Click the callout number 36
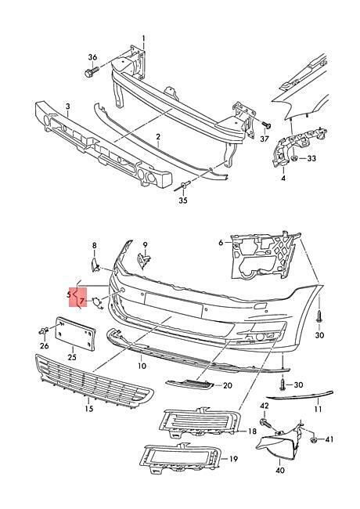[92, 57]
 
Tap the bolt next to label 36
[91, 72]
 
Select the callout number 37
[265, 139]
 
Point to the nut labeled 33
[294, 158]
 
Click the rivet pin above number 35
[183, 186]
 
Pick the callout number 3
[68, 106]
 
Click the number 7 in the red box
[82, 302]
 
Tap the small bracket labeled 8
[95, 265]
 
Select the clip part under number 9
[143, 261]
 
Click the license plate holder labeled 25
[76, 334]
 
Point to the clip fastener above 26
[44, 331]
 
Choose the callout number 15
[89, 408]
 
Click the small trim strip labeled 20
[190, 384]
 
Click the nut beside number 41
[314, 440]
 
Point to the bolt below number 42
[266, 423]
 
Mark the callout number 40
[280, 470]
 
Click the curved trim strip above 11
[300, 395]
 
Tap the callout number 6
[221, 243]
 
